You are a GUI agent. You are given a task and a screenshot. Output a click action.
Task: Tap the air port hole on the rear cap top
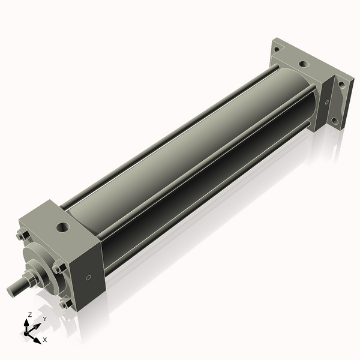pos(304,62)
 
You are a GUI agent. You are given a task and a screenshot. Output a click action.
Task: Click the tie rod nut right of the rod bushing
pos(58,268)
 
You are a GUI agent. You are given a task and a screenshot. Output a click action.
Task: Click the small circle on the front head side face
pos(89,277)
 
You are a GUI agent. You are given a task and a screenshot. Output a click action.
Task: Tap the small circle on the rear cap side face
pos(327,103)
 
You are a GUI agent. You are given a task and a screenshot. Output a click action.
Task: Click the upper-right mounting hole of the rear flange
pos(342,85)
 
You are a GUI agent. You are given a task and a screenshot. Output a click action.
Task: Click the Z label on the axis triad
pos(29,314)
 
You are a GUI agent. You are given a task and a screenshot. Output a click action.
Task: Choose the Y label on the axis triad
pos(44,319)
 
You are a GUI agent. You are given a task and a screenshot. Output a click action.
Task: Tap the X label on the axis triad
pos(44,340)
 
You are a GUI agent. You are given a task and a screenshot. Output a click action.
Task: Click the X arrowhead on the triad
pos(37,337)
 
